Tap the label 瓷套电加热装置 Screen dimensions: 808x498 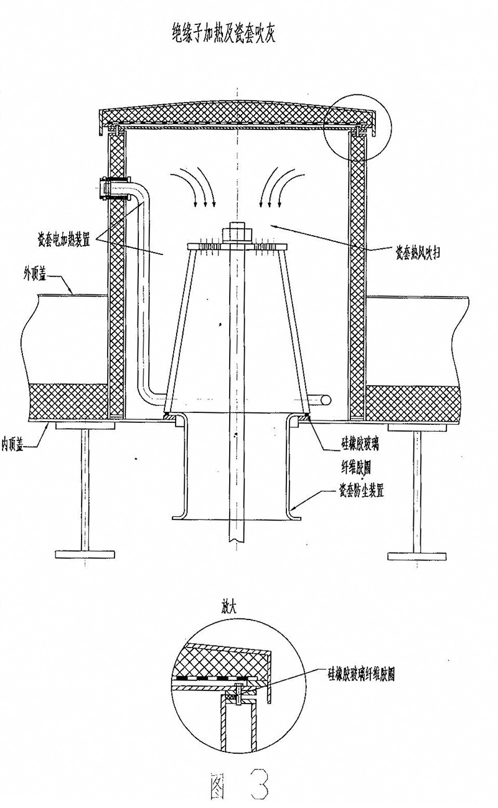[x=63, y=238]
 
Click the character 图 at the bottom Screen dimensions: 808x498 [x=220, y=785]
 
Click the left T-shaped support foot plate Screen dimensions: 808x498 [x=85, y=554]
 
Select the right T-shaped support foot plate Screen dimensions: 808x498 [x=416, y=554]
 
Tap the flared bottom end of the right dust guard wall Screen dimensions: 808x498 [x=296, y=513]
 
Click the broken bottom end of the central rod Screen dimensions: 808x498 [x=237, y=535]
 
